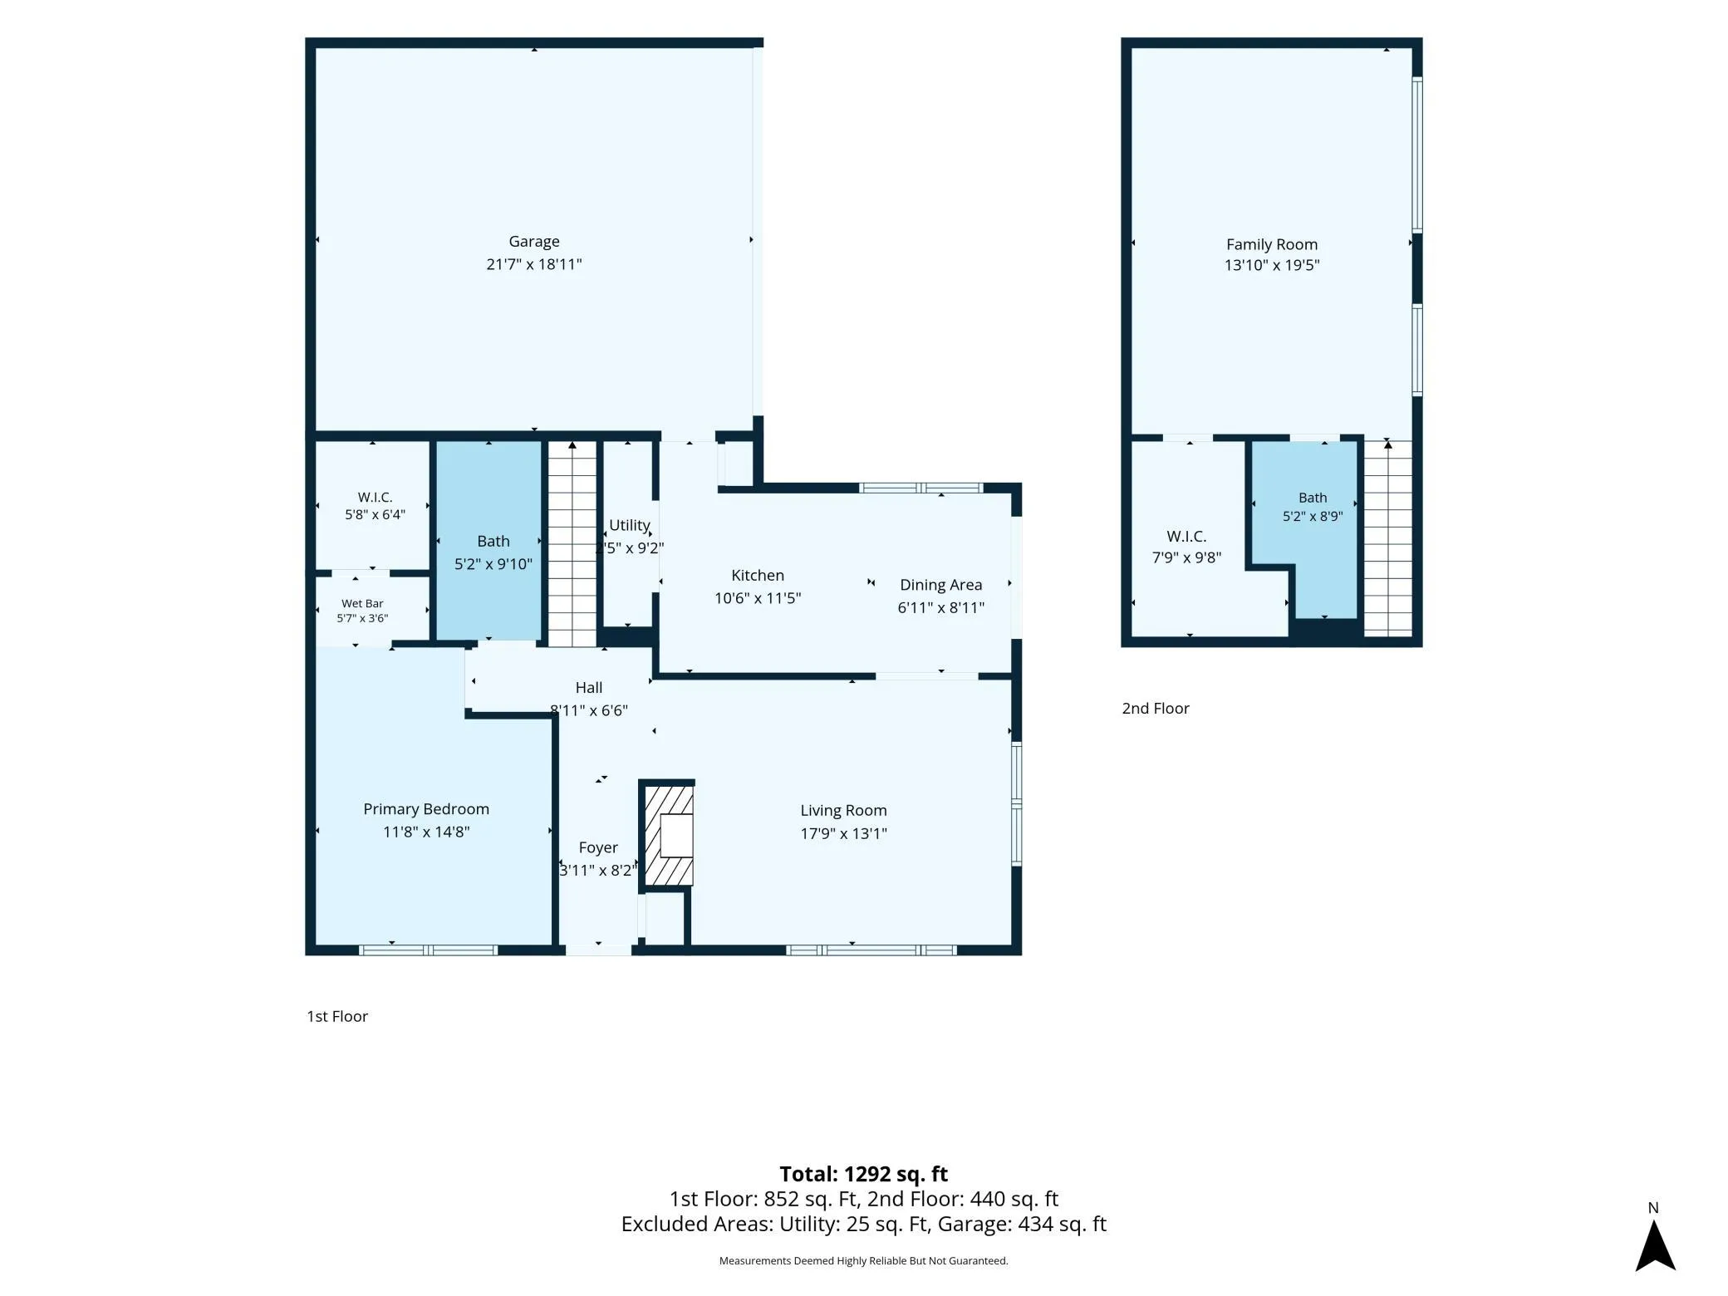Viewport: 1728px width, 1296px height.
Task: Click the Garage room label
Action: pos(534,242)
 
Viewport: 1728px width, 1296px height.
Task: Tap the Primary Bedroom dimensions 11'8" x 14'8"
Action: pos(426,832)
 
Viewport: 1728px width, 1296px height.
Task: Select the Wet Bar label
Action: pos(362,604)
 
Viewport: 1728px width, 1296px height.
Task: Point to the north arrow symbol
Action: pos(1655,1244)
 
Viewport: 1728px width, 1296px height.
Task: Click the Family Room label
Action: pos(1272,244)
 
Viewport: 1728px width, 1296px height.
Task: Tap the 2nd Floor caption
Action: pos(1156,709)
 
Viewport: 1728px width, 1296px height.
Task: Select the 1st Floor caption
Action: pos(337,1016)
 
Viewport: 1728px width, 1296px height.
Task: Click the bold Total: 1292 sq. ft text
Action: pos(863,1174)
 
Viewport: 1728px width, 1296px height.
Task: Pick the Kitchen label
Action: pos(758,575)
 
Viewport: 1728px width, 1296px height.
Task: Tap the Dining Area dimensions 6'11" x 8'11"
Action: pos(941,607)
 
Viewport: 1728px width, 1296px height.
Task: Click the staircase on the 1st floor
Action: pos(572,544)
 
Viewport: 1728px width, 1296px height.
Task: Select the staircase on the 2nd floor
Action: pos(1388,538)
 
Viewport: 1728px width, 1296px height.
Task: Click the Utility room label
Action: pos(629,525)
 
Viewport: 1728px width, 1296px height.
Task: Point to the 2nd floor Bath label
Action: pos(1313,498)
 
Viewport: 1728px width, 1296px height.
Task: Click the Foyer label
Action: pos(598,847)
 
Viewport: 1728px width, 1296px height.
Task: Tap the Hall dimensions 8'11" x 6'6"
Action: pos(589,710)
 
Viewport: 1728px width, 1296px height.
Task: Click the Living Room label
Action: pos(843,810)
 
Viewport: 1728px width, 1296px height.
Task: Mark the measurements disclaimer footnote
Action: pos(863,1261)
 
